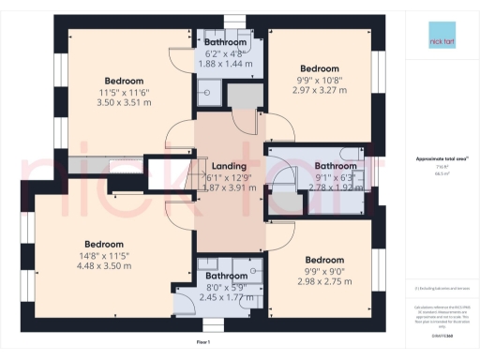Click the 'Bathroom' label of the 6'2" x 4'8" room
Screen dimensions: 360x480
(226, 42)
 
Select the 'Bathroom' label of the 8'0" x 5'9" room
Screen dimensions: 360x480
(227, 276)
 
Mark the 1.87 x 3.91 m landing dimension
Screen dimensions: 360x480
(230, 187)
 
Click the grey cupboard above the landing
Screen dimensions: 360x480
(247, 94)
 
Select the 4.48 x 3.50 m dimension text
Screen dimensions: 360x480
(103, 265)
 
